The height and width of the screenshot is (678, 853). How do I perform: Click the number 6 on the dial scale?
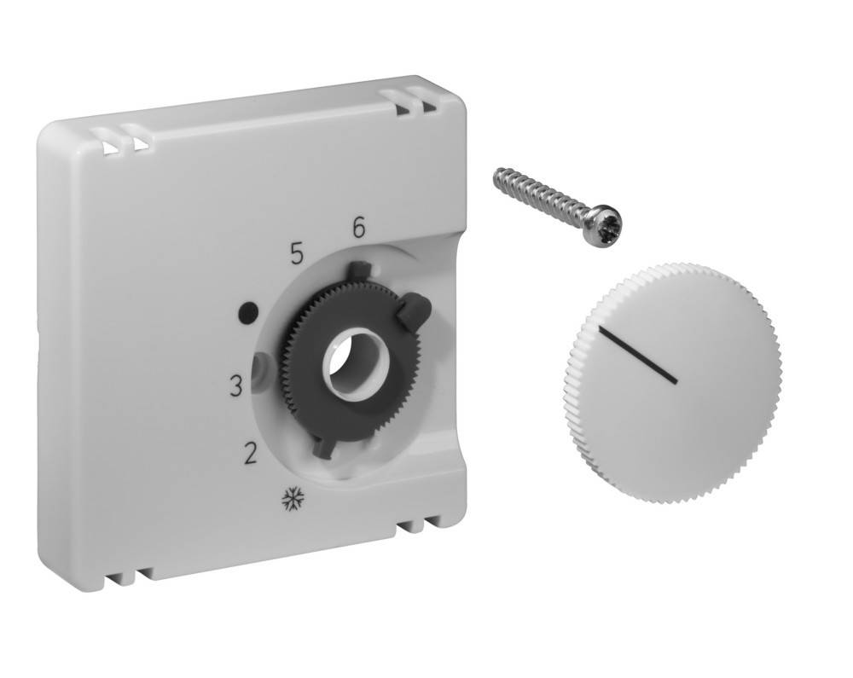358,228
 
